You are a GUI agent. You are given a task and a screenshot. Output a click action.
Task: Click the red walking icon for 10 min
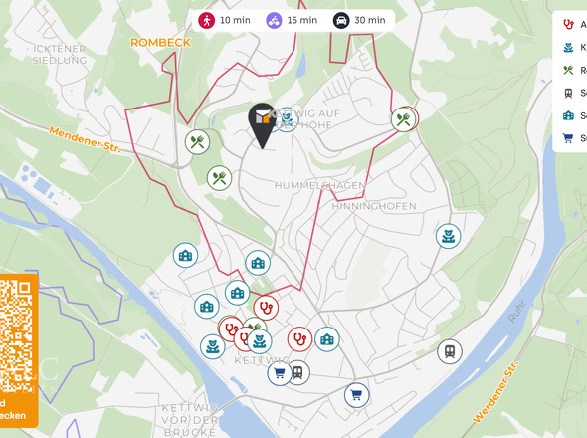206,20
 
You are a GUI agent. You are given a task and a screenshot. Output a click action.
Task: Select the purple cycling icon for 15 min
274,20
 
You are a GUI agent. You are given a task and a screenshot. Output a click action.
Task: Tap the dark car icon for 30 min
340,20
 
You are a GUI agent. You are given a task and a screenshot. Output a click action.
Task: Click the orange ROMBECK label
159,42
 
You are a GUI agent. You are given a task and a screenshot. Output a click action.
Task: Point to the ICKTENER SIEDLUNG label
60,53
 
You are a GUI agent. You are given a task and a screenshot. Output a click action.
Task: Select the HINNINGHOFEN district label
374,206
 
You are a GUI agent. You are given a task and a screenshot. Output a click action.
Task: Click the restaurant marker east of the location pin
404,119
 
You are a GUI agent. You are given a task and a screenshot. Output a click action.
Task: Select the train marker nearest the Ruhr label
450,350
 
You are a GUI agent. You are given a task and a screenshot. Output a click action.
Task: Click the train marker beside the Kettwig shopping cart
297,372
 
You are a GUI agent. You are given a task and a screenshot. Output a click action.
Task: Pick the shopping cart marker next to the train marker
279,373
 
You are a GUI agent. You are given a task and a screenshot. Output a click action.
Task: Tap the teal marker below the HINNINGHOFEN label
448,236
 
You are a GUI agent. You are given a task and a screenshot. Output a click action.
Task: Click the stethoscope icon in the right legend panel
568,24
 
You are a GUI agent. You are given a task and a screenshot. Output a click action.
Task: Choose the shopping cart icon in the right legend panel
568,138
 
